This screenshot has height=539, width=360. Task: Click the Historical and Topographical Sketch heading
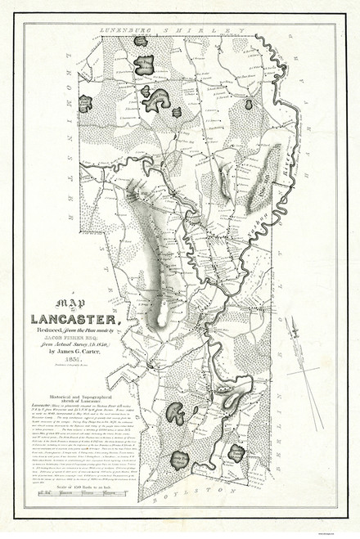(84, 377)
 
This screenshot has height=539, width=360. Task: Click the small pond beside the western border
(85, 103)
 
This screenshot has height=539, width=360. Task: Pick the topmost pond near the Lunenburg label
(141, 40)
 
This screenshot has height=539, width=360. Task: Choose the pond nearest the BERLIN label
(236, 451)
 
